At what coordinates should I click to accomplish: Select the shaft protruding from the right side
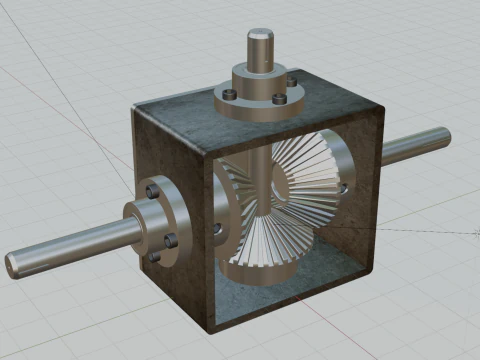[x=415, y=146]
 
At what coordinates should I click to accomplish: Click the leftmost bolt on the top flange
[x=229, y=94]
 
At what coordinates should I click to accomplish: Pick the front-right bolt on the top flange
[x=276, y=99]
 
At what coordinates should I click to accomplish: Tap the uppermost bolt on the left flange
[x=152, y=189]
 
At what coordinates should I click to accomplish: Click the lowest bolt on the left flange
[x=155, y=256]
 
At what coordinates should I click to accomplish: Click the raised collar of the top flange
[x=258, y=76]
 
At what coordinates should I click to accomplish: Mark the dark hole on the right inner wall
[x=344, y=187]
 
